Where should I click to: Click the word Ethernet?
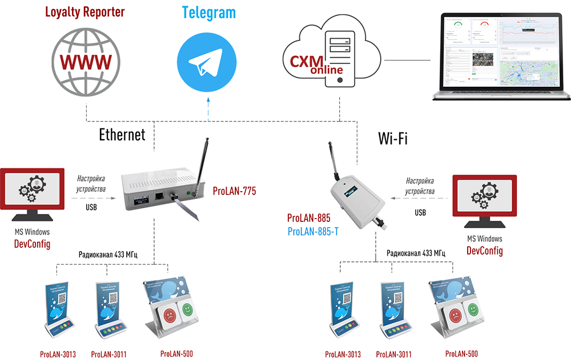122,135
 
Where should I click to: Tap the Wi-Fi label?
393,138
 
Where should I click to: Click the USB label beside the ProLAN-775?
91,207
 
